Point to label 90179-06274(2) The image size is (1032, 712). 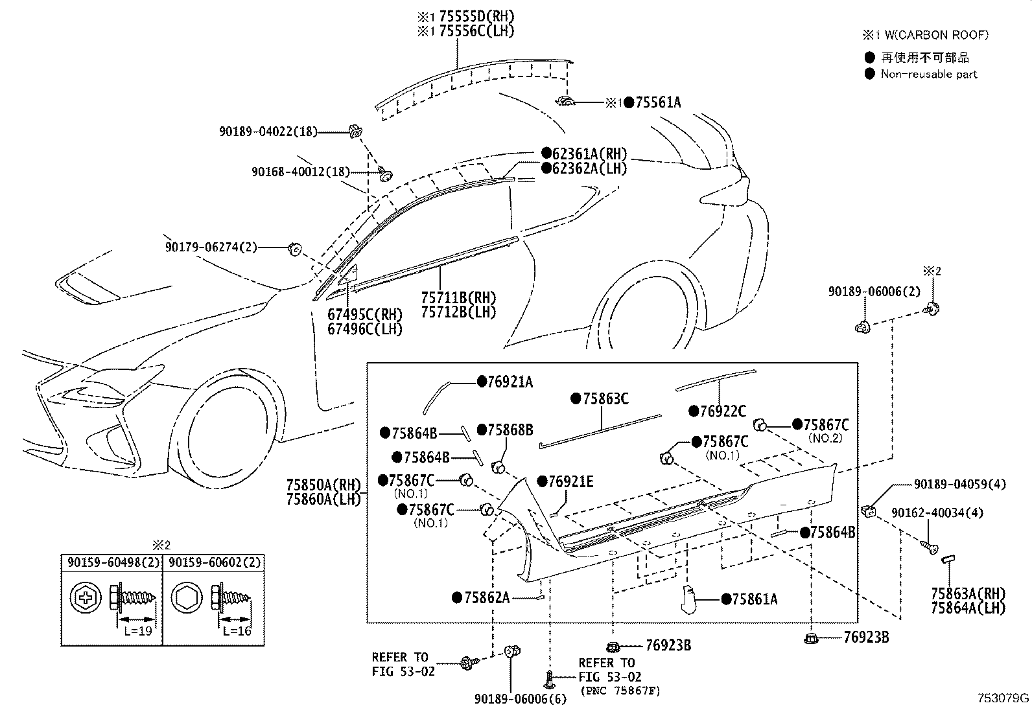(211, 247)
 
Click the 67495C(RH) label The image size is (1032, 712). (365, 314)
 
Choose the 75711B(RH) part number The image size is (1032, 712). (458, 297)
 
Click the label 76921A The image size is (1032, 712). (510, 382)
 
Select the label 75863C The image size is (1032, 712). (605, 399)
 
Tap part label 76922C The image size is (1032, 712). (722, 411)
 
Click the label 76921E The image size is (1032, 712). (570, 482)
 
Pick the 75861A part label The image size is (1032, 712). (754, 599)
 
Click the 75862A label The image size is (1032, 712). (486, 597)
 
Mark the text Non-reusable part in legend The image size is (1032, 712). (928, 74)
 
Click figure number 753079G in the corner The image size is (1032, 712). (1003, 698)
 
